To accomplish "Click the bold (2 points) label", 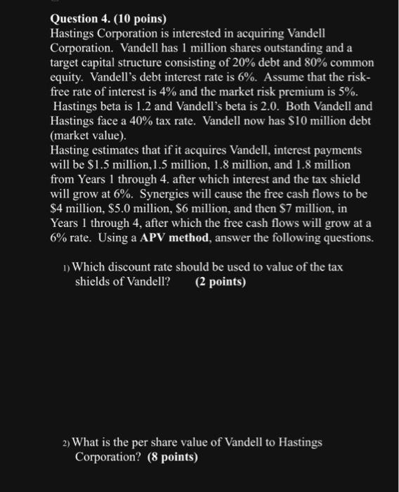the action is click(x=222, y=283).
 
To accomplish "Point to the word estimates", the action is click(x=119, y=150).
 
